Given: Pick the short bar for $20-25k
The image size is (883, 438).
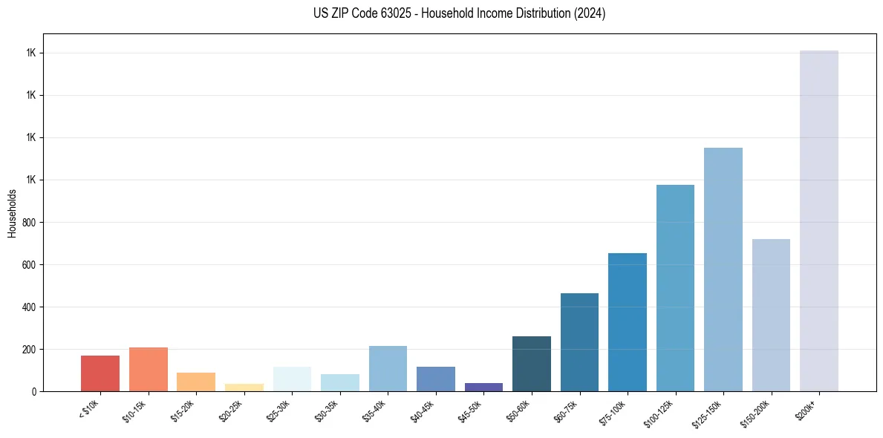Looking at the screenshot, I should [244, 388].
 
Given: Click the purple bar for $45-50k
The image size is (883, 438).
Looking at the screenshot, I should [483, 387].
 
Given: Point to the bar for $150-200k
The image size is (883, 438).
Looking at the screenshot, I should [771, 315].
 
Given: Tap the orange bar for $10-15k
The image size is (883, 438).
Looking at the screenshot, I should [149, 369].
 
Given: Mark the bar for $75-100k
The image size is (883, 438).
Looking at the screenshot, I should [628, 322].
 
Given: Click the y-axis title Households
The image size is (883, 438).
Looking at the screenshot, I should [12, 213].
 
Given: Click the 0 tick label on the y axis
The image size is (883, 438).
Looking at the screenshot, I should [34, 391].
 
